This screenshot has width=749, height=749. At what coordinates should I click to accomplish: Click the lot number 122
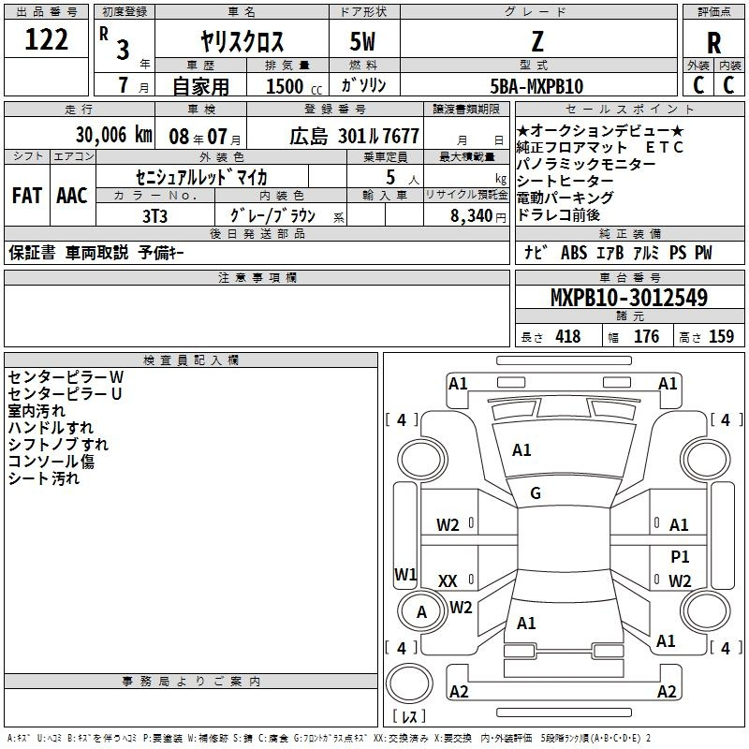point(46,39)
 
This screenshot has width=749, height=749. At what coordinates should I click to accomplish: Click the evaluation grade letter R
point(713,43)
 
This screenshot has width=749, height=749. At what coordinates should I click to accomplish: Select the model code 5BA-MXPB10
point(536,86)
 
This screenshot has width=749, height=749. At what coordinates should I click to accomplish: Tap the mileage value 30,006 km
point(113,135)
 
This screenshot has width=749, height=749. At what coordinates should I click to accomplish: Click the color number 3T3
point(154,216)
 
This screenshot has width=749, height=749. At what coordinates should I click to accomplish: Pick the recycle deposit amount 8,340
point(472,216)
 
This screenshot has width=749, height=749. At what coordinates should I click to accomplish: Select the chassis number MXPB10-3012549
point(629,298)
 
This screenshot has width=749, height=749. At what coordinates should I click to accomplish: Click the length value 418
point(568,336)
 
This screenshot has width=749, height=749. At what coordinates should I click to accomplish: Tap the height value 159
point(721,336)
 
